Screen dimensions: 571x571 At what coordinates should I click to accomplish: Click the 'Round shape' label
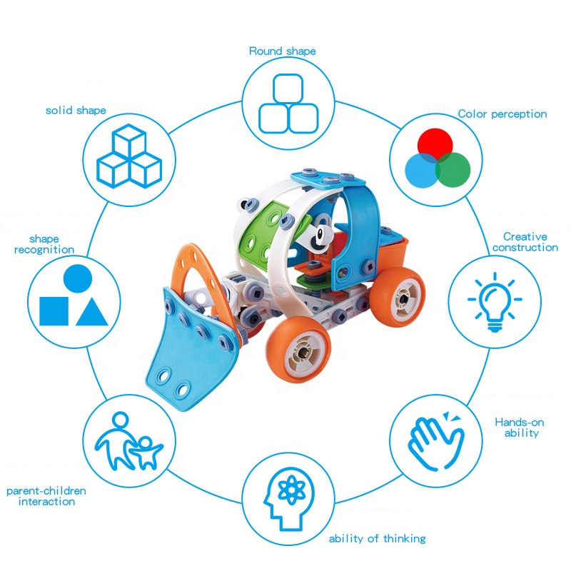(282, 51)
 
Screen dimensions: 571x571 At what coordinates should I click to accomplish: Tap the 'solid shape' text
(76, 111)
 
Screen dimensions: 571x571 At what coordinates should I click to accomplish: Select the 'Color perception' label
(502, 114)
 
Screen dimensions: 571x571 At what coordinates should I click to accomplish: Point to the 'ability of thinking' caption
(378, 538)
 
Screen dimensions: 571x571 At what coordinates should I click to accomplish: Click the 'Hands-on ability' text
(520, 428)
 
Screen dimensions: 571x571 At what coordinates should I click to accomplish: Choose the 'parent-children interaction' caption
(46, 496)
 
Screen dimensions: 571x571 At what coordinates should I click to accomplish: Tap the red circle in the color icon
(435, 145)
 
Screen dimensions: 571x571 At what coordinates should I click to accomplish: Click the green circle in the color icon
(453, 170)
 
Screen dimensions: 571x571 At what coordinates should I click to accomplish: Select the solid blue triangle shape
(92, 312)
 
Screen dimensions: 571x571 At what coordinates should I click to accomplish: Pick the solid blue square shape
(54, 311)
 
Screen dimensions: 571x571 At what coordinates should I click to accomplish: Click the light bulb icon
(495, 302)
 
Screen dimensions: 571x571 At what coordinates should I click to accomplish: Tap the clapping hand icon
(436, 441)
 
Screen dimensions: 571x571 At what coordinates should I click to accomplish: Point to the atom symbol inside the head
(291, 490)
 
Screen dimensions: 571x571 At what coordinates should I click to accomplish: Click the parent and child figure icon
(128, 441)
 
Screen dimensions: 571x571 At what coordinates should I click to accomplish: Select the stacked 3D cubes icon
(129, 156)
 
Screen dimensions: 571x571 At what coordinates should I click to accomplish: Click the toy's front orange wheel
(298, 349)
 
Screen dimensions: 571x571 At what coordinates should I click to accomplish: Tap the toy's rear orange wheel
(398, 297)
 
